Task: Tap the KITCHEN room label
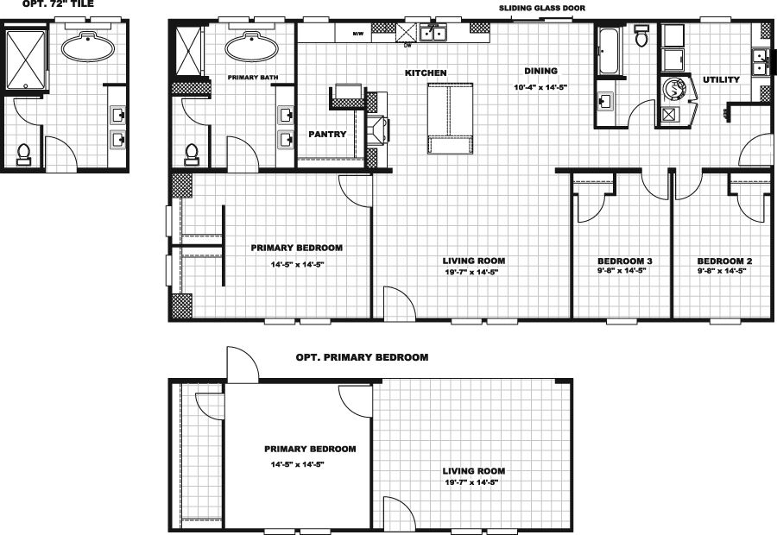click(426, 73)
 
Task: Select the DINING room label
click(541, 71)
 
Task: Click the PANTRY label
click(327, 135)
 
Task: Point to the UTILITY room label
click(721, 79)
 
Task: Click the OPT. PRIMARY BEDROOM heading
click(362, 356)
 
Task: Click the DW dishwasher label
click(407, 45)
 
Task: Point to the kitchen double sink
click(433, 34)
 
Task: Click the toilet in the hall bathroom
click(641, 37)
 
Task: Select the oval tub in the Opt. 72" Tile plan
click(86, 43)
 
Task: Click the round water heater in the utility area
click(672, 89)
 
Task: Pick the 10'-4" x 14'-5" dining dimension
click(540, 87)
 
